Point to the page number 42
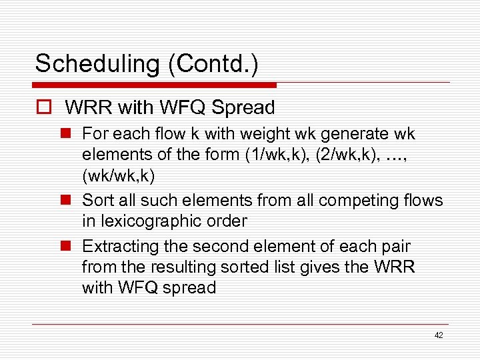coord(438,335)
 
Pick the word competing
coord(355,200)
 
